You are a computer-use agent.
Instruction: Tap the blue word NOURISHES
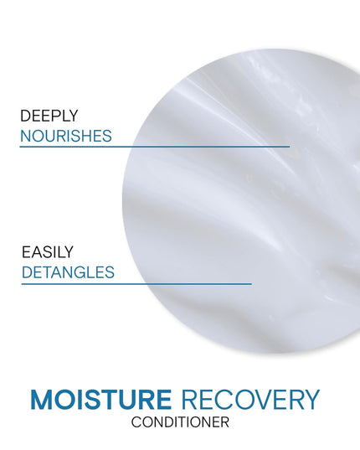click(x=66, y=135)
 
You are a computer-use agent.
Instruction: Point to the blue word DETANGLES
click(x=68, y=272)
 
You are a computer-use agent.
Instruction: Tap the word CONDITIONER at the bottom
click(x=180, y=422)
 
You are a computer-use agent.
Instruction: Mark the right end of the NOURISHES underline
click(x=289, y=146)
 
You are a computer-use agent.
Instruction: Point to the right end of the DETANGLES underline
click(x=251, y=283)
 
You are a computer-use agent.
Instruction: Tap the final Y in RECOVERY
click(x=311, y=400)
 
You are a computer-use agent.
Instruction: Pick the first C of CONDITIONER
click(x=136, y=422)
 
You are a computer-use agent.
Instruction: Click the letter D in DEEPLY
click(x=26, y=115)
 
